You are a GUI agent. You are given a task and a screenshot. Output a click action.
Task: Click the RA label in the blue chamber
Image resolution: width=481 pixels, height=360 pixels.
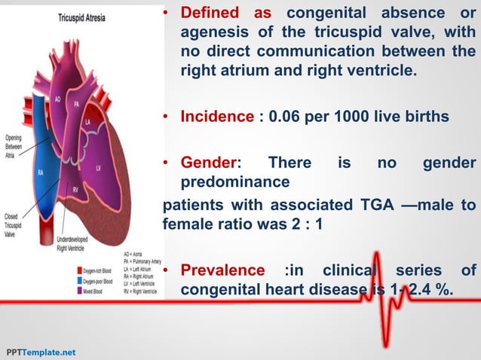point(42,172)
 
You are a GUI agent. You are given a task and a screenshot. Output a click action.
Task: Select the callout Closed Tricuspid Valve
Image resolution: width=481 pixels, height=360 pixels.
point(13,224)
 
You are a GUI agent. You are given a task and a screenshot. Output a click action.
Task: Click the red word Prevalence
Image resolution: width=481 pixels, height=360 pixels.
point(222,270)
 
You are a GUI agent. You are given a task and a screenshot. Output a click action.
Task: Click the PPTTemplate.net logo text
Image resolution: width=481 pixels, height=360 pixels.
point(41,352)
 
